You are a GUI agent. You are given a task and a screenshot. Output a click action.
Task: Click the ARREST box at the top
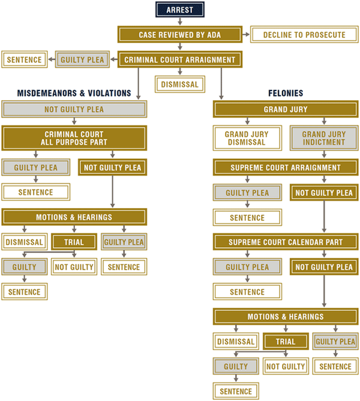(x=179, y=10)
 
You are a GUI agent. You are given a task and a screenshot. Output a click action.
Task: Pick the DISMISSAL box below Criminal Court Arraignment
(x=179, y=85)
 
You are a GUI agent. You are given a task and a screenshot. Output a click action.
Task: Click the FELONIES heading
(x=286, y=93)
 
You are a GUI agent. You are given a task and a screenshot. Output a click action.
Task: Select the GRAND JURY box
(x=286, y=110)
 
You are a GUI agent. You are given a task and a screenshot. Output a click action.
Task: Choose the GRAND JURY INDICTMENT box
(x=323, y=138)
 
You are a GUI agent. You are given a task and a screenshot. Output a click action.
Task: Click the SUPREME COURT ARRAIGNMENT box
(x=286, y=168)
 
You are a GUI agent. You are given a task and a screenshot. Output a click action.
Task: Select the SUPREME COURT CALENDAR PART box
(x=286, y=242)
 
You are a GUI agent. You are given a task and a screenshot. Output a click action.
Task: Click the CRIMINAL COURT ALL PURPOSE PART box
(x=74, y=138)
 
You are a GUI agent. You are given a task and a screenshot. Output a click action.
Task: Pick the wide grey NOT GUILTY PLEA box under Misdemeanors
(x=74, y=110)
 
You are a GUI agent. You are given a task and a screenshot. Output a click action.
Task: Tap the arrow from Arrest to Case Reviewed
(x=179, y=22)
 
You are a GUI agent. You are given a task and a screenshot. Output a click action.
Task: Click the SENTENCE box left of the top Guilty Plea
(x=25, y=60)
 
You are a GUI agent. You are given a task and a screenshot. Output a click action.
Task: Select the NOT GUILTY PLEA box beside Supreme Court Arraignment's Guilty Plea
(x=324, y=193)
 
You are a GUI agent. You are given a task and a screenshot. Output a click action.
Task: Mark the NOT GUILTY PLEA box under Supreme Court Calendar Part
(x=324, y=267)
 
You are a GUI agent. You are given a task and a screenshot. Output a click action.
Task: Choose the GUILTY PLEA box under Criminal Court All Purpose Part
(x=36, y=168)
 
